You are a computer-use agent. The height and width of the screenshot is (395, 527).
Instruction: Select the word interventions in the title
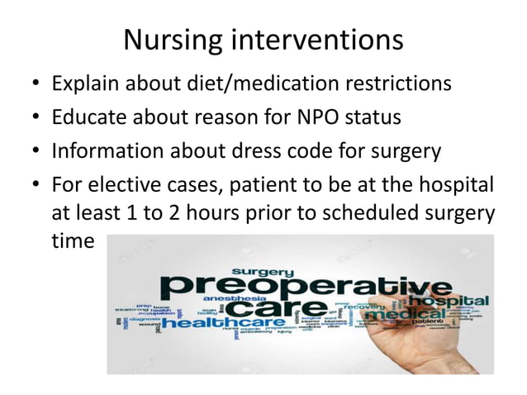[326, 40]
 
